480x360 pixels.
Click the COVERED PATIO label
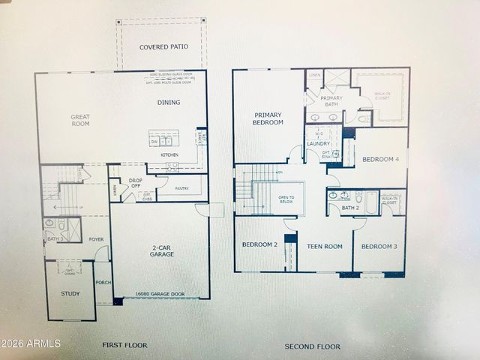click(163, 46)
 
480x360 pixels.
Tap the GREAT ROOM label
click(80, 120)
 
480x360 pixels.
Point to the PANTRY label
click(182, 187)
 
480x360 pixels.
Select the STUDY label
click(70, 293)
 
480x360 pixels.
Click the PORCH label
click(103, 283)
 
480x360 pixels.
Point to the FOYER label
click(96, 239)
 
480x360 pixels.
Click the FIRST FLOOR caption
click(124, 345)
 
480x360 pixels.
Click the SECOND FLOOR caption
click(312, 346)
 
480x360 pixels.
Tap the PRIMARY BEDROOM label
click(268, 118)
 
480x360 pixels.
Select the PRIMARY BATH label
click(331, 101)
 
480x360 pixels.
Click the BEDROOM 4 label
click(381, 159)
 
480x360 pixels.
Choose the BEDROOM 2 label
click(259, 245)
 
